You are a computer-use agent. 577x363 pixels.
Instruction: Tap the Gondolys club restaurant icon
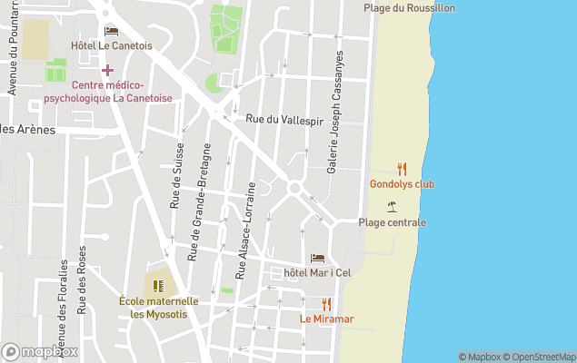402,169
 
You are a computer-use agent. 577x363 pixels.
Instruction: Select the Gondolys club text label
402,184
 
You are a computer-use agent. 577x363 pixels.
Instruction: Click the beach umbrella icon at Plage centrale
392,207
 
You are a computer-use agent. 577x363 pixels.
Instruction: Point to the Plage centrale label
392,222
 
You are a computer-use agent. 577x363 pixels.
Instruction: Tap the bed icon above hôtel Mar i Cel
317,259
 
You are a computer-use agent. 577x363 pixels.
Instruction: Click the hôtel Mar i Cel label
317,273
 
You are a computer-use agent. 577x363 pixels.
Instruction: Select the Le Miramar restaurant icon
326,304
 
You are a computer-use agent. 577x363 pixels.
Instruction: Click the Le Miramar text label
326,319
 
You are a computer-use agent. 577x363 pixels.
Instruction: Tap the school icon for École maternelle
158,286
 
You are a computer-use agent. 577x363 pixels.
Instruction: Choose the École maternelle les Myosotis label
158,308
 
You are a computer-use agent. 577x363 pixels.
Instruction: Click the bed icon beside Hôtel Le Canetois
112,31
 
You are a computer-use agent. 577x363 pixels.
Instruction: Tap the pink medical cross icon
107,70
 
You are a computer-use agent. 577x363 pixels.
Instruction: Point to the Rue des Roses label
82,280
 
